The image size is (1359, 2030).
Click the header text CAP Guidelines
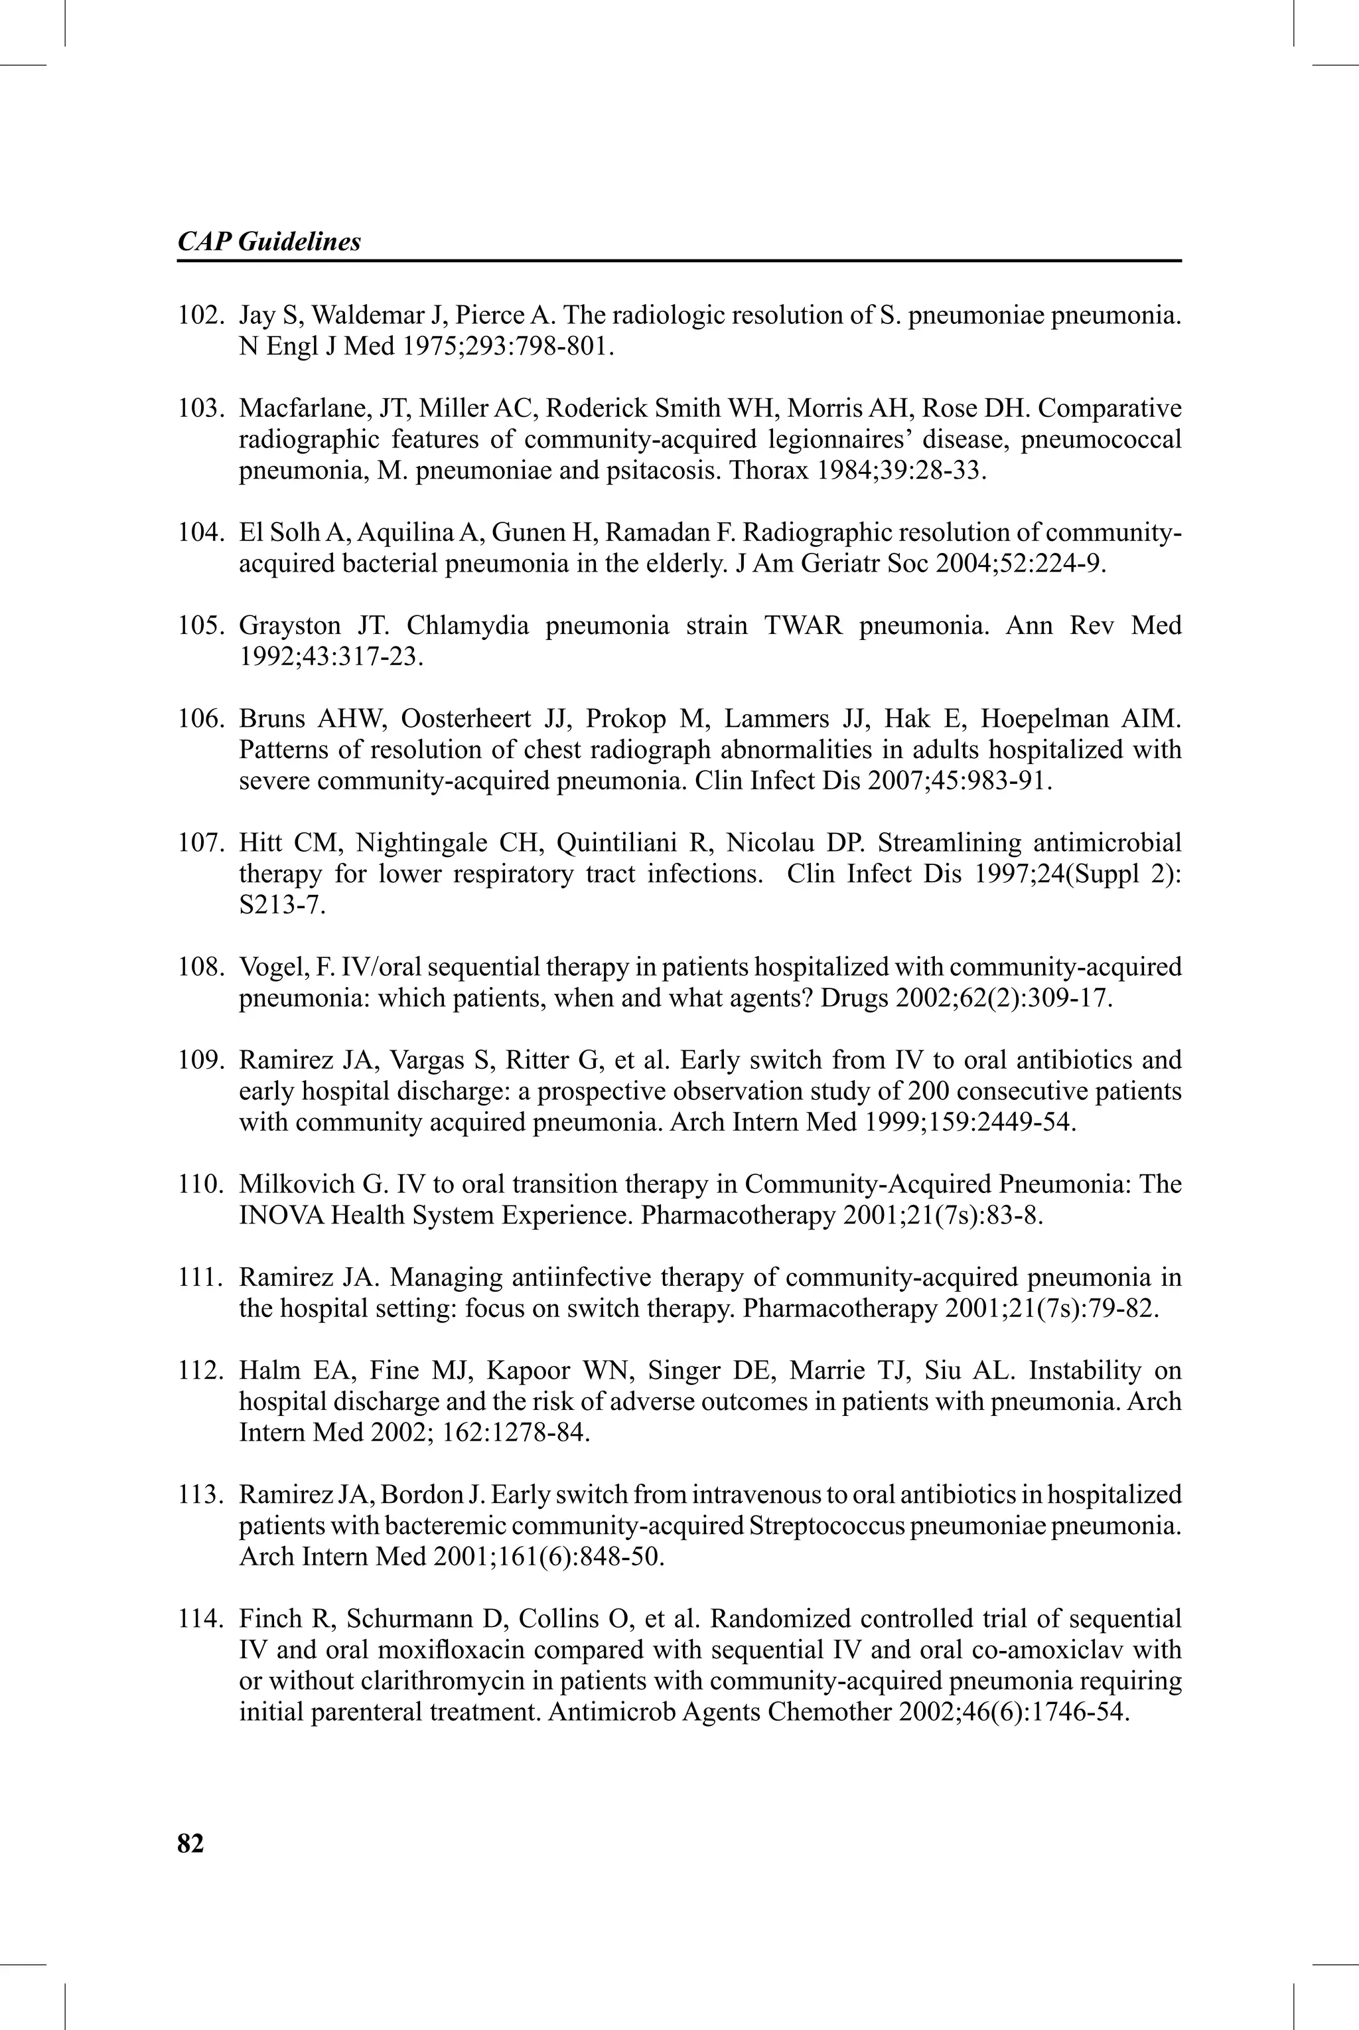pyautogui.click(x=269, y=241)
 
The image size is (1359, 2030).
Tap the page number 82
pyautogui.click(x=190, y=1843)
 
